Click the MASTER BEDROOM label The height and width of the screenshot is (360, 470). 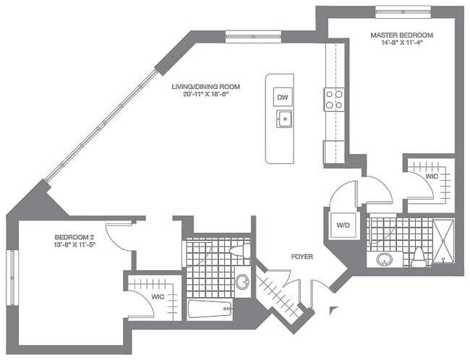coord(401,35)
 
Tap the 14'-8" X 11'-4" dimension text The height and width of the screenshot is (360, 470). coord(401,43)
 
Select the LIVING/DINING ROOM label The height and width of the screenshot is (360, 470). coord(205,87)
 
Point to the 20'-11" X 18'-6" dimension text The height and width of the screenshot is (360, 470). coord(205,95)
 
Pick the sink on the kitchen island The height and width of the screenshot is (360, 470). coord(284,119)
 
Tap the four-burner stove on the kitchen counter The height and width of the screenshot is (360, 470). coord(333,98)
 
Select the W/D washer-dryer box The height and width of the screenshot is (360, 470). coord(342,225)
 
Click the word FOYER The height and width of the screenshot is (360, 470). coord(302,257)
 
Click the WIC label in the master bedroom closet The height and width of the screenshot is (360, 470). coord(432,176)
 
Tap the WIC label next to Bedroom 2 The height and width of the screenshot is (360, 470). coord(157,296)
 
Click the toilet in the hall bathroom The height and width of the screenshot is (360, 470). coord(239,252)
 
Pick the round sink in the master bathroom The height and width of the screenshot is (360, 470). coord(385,258)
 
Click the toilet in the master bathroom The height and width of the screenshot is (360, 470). coord(419,257)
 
